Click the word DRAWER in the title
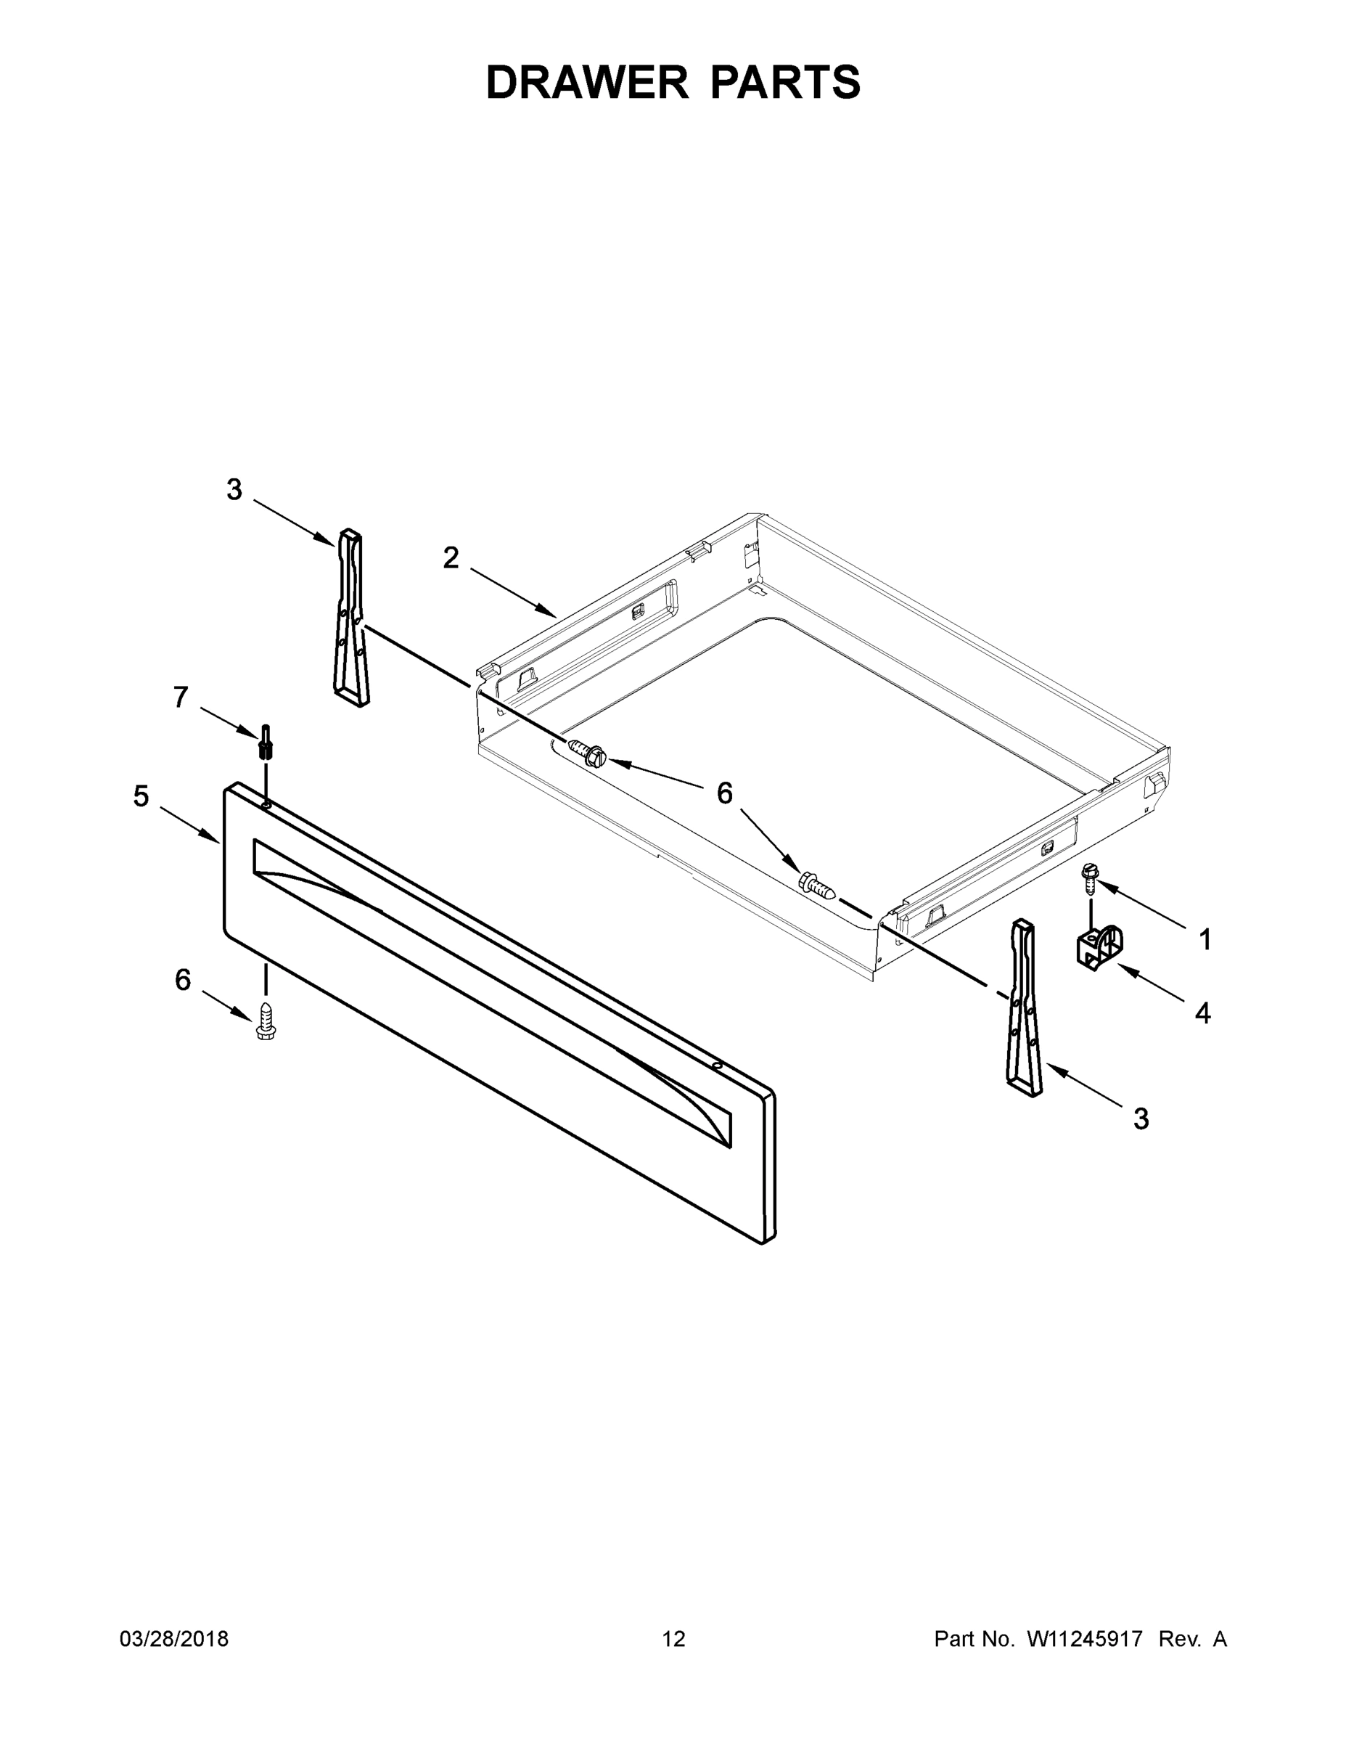point(586,82)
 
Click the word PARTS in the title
point(784,82)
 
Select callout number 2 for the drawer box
point(451,558)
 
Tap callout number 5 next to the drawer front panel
point(141,796)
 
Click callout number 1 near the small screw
point(1205,941)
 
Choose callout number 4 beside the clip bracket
point(1202,1014)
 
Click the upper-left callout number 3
point(234,490)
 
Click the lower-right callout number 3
point(1141,1119)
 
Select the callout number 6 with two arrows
point(724,793)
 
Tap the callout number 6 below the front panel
point(184,981)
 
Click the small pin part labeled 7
point(266,743)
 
